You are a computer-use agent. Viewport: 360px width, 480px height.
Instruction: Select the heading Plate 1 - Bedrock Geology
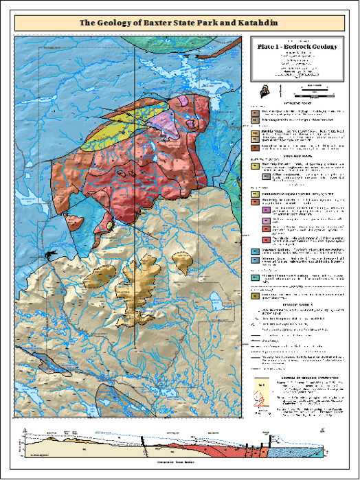[x=298, y=46]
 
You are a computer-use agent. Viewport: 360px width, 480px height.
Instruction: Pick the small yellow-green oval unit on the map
[x=109, y=225]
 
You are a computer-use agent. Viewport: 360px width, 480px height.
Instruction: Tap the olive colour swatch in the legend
[x=255, y=297]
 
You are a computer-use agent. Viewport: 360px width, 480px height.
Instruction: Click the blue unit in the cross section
[x=289, y=453]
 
